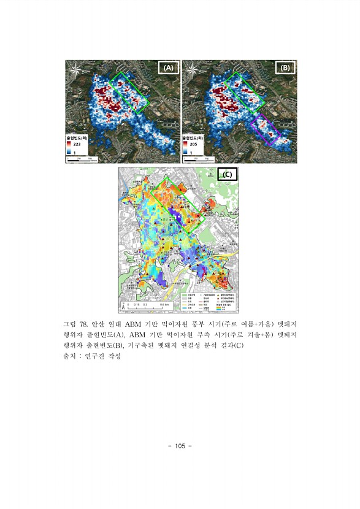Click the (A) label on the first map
tap(167, 69)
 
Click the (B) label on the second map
tap(285, 69)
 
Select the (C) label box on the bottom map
tap(227, 174)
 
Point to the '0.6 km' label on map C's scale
tap(164, 305)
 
